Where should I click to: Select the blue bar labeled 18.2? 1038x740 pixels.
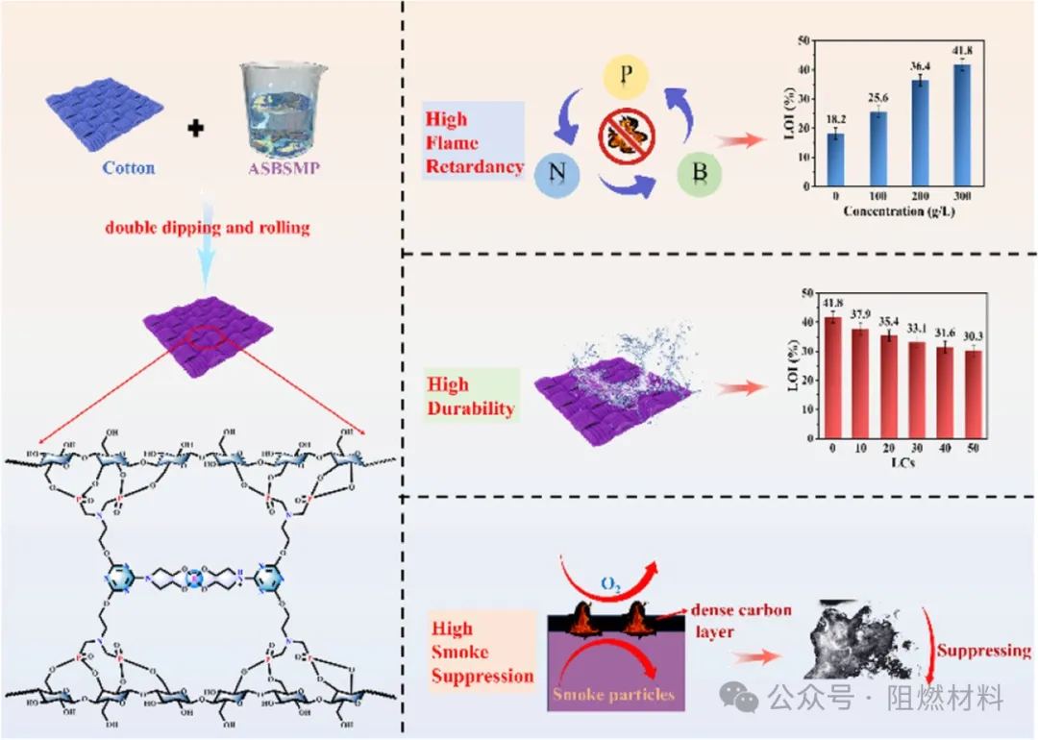[834, 157]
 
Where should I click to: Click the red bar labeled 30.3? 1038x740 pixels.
[975, 392]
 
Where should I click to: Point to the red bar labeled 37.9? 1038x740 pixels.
[859, 381]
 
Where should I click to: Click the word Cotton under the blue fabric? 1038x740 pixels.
[129, 168]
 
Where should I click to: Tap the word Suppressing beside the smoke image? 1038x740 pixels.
[983, 651]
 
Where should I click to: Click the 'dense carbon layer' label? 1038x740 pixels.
[737, 622]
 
